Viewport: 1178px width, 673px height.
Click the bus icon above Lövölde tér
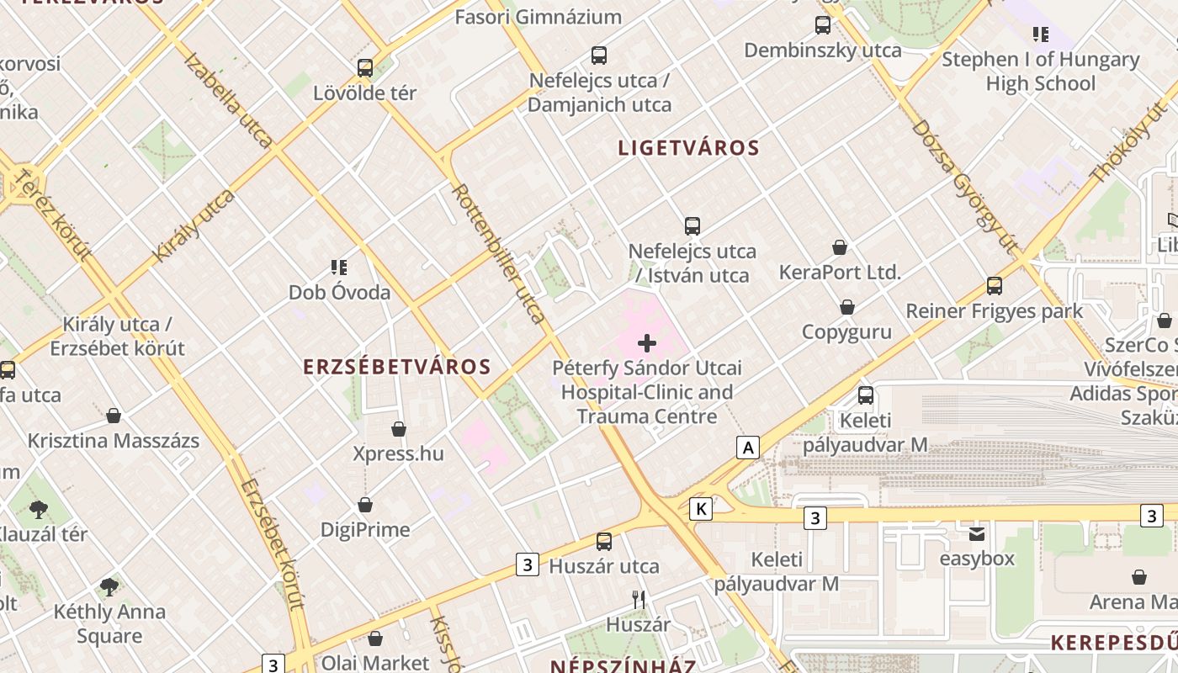pos(365,68)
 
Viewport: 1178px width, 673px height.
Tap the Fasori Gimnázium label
pos(538,17)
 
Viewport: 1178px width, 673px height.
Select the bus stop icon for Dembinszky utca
pos(823,25)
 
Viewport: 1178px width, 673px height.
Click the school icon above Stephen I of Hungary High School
pos(1041,34)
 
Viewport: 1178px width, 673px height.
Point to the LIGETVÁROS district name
pos(688,148)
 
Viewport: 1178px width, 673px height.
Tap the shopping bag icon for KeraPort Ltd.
pos(840,247)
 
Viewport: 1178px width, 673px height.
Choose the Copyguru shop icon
pos(847,307)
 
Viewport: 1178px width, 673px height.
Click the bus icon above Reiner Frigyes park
pos(995,286)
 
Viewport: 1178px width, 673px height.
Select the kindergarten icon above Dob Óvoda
pos(339,268)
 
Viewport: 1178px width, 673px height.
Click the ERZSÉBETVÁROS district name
pos(396,367)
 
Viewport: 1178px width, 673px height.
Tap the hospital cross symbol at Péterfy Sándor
pos(647,342)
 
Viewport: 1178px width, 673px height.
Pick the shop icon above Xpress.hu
pos(399,429)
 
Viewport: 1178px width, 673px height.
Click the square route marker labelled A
pos(748,448)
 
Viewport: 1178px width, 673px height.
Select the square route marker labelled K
pos(701,508)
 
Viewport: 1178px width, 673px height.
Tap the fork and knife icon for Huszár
pos(639,600)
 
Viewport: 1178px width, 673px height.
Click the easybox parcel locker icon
pos(976,534)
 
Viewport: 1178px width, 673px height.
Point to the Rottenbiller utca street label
pos(498,253)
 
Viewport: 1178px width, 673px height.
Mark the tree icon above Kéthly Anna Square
pos(109,586)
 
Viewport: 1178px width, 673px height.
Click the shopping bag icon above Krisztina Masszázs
pos(114,416)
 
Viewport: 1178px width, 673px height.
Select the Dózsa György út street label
pos(964,186)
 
